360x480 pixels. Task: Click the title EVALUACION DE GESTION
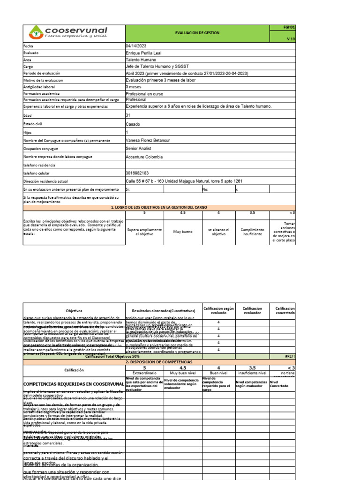[x=197, y=33]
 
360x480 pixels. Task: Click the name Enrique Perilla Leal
[x=143, y=53]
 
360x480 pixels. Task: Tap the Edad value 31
[x=128, y=115]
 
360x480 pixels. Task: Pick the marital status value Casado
[x=133, y=124]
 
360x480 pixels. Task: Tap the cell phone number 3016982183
[x=138, y=173]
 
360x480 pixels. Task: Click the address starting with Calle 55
[x=184, y=181]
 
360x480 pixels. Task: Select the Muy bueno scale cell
[x=183, y=231]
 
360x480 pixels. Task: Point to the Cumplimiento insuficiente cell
[x=252, y=232]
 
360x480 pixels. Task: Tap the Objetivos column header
[x=74, y=310]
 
